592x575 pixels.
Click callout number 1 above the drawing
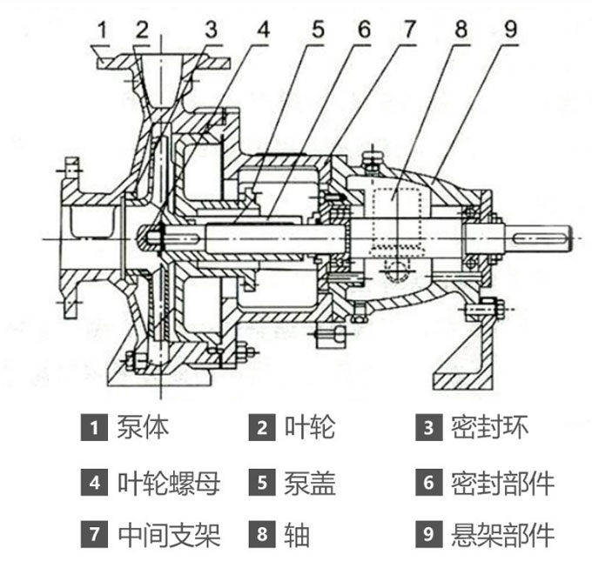point(103,29)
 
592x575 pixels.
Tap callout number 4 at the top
point(262,29)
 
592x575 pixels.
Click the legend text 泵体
point(143,427)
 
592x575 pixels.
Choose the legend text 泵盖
point(309,482)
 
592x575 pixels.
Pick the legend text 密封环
point(489,427)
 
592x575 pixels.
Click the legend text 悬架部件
point(502,535)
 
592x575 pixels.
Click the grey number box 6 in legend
point(427,483)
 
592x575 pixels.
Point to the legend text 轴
point(296,535)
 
